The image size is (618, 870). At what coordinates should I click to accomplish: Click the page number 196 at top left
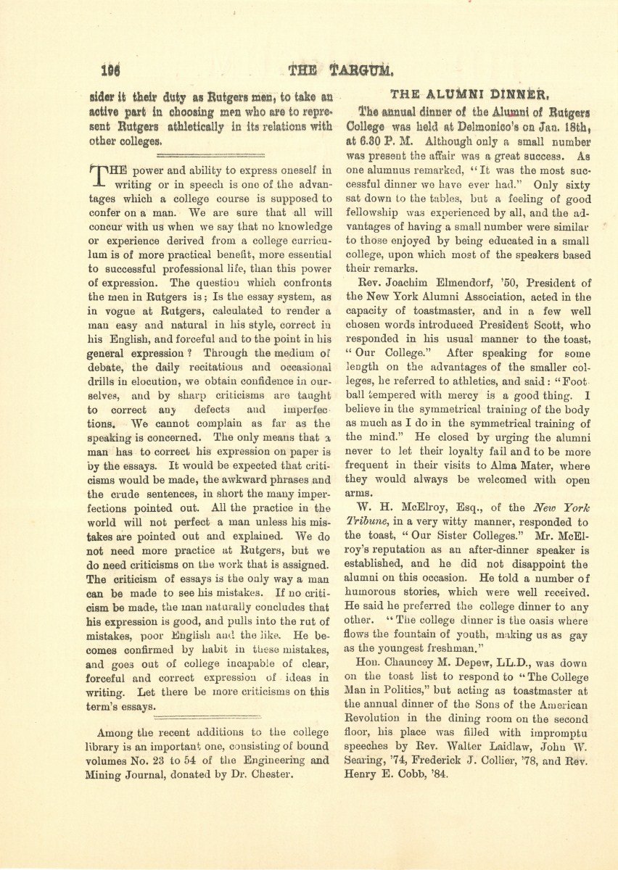tap(110, 71)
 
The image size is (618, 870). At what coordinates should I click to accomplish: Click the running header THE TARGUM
tap(340, 71)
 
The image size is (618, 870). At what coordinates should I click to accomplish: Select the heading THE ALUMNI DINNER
tap(468, 94)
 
